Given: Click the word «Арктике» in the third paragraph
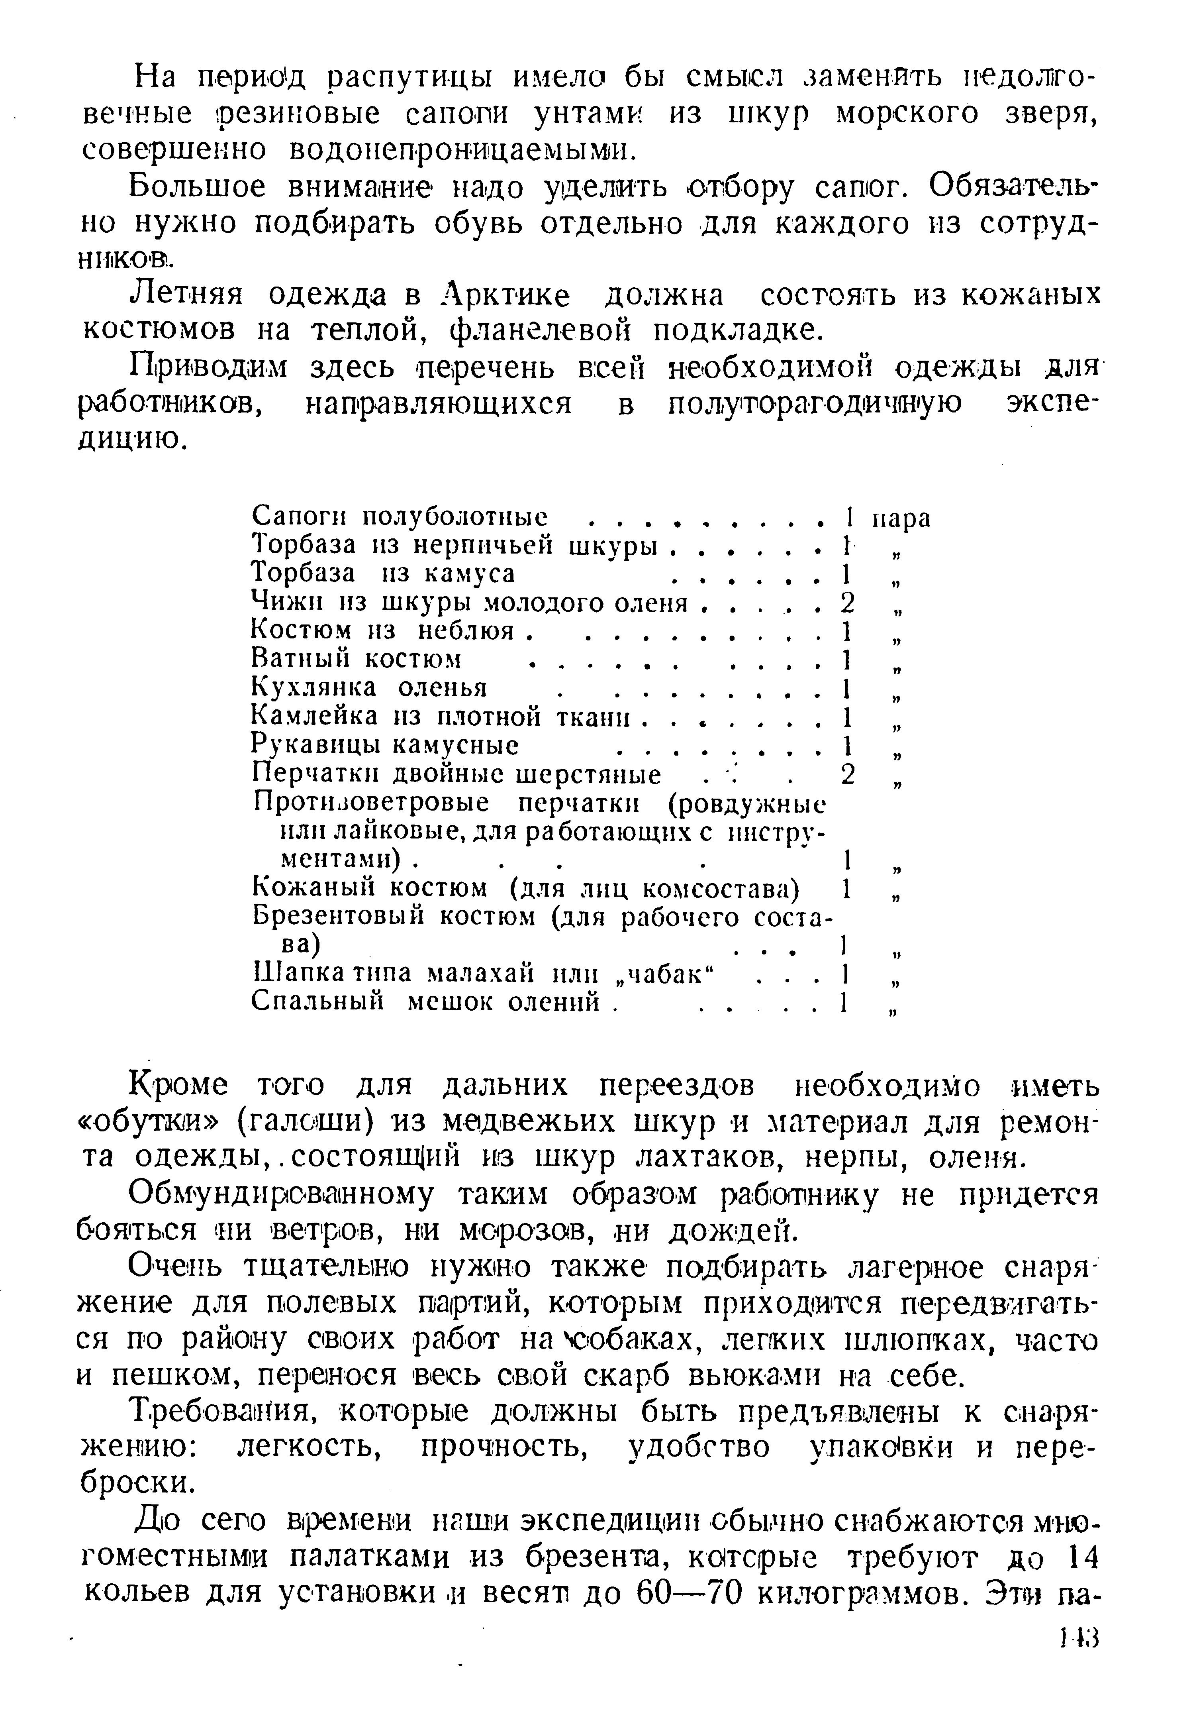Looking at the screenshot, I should pos(506,295).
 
